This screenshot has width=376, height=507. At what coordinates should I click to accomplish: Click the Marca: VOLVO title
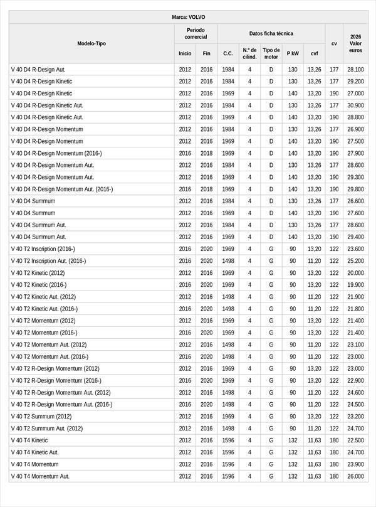tap(188, 17)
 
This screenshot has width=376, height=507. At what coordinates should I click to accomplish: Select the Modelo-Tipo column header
tap(91, 43)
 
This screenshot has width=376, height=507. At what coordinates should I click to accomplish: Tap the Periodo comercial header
tap(196, 33)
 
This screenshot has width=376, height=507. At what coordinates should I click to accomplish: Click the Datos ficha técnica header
tap(271, 33)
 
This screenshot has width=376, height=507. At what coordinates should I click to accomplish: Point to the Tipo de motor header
tap(271, 53)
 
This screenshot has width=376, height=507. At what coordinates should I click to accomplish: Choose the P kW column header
tap(293, 54)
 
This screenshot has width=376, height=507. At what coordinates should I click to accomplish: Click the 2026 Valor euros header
tap(355, 43)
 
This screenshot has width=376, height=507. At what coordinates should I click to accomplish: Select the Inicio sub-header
tap(185, 54)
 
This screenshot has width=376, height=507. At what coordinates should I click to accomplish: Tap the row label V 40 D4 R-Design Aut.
tap(38, 70)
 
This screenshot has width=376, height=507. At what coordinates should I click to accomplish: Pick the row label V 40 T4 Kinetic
tap(29, 440)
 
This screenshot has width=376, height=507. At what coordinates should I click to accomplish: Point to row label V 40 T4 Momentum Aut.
tap(41, 476)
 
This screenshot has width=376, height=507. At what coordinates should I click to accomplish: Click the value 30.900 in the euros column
tap(355, 105)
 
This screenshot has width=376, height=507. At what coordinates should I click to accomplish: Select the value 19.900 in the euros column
tap(355, 285)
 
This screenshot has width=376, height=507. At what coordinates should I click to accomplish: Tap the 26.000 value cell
tap(355, 476)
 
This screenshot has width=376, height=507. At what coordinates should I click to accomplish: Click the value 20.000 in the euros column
tap(355, 273)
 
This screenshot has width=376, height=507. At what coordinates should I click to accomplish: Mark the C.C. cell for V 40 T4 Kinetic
tap(228, 440)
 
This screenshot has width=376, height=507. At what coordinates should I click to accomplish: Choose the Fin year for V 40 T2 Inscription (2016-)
tap(207, 249)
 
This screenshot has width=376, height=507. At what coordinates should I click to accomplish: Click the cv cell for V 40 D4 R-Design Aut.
tap(334, 70)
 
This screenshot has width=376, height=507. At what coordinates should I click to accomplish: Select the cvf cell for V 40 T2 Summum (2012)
tap(314, 417)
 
